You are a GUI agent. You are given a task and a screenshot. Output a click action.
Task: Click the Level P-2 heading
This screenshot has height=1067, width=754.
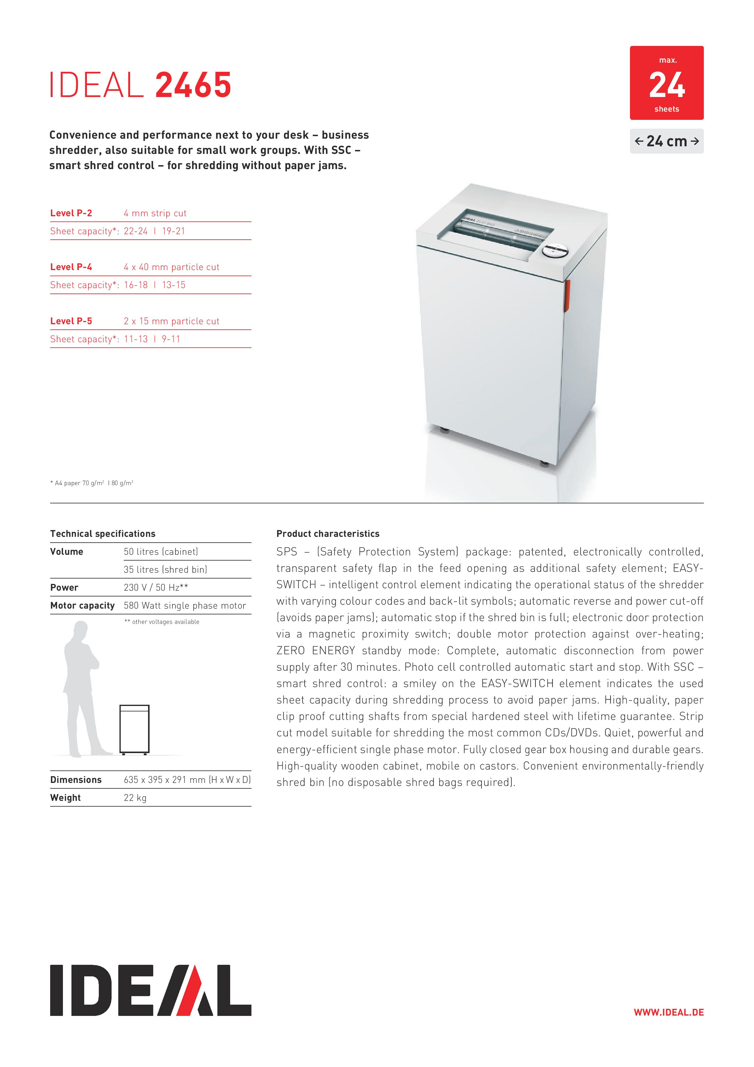[71, 213]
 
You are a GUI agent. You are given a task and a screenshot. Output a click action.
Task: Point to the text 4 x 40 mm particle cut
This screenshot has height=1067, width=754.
[171, 267]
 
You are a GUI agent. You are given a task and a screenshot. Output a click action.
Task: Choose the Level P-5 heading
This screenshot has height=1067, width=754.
[71, 321]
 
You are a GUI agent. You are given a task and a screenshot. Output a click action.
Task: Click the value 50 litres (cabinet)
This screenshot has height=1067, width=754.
[161, 552]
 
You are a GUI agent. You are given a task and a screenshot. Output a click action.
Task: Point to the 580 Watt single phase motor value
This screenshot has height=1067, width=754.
[185, 606]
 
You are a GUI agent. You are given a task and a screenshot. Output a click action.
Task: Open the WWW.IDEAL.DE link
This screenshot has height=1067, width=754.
[669, 1012]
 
